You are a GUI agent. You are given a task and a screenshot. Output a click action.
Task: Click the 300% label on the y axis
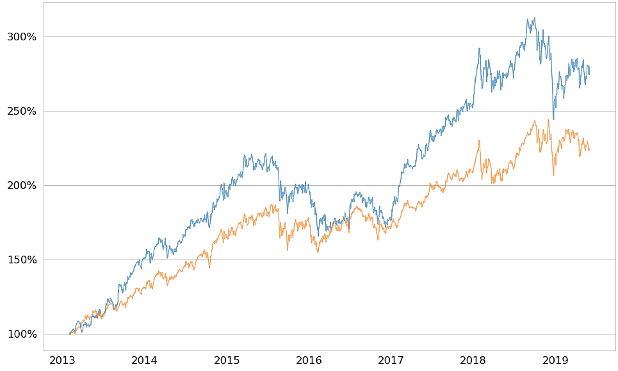click(22, 37)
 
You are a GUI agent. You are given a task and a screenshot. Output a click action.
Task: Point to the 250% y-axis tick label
click(22, 111)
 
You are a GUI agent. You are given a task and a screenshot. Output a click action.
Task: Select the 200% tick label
click(22, 185)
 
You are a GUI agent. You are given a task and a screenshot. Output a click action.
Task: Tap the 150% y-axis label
click(22, 260)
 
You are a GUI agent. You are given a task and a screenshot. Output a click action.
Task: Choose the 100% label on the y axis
click(22, 334)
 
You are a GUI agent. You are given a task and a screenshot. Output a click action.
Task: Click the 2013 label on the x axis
click(62, 360)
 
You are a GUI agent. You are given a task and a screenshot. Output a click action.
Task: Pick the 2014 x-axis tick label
click(144, 360)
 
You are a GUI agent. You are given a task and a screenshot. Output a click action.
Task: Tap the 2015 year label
click(227, 360)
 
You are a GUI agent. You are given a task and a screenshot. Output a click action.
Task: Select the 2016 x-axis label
click(309, 360)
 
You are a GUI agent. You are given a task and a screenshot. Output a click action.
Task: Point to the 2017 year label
click(391, 360)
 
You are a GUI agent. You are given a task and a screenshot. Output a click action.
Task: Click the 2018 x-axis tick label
click(473, 360)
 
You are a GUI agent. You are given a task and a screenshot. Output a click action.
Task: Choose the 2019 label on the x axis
click(555, 360)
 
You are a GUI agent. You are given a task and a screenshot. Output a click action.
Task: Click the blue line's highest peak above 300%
click(535, 18)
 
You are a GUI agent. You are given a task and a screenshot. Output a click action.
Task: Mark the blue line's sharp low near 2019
click(553, 119)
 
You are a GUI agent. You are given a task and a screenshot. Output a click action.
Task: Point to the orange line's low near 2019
click(553, 176)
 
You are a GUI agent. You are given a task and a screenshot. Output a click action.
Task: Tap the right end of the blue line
click(589, 74)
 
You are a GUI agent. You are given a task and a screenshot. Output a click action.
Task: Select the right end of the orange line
click(589, 151)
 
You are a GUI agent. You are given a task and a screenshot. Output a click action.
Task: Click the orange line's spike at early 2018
click(478, 140)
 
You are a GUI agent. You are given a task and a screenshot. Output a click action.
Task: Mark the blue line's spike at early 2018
click(479, 48)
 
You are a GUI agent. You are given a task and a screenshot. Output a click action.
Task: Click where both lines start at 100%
click(70, 334)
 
